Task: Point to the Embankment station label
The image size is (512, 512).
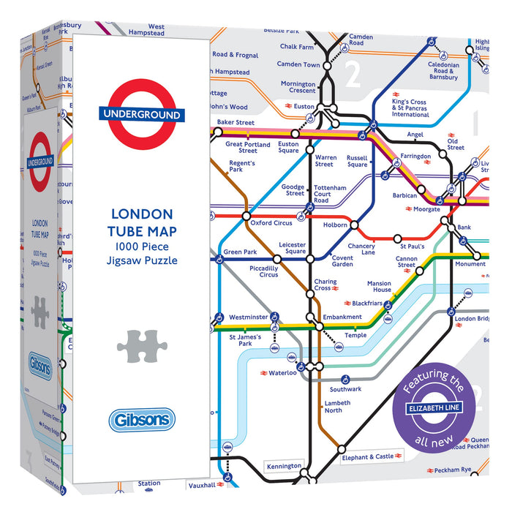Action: [342, 317]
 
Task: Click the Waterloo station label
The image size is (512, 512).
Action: [282, 373]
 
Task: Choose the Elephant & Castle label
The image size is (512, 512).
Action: [368, 457]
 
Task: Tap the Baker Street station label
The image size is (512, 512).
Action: [236, 122]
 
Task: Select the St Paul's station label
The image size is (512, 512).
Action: [411, 238]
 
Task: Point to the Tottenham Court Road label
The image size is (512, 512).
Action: [331, 194]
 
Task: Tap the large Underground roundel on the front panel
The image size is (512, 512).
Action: [141, 115]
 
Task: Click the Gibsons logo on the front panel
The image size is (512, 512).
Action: [142, 420]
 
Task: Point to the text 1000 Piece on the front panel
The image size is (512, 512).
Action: [141, 246]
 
